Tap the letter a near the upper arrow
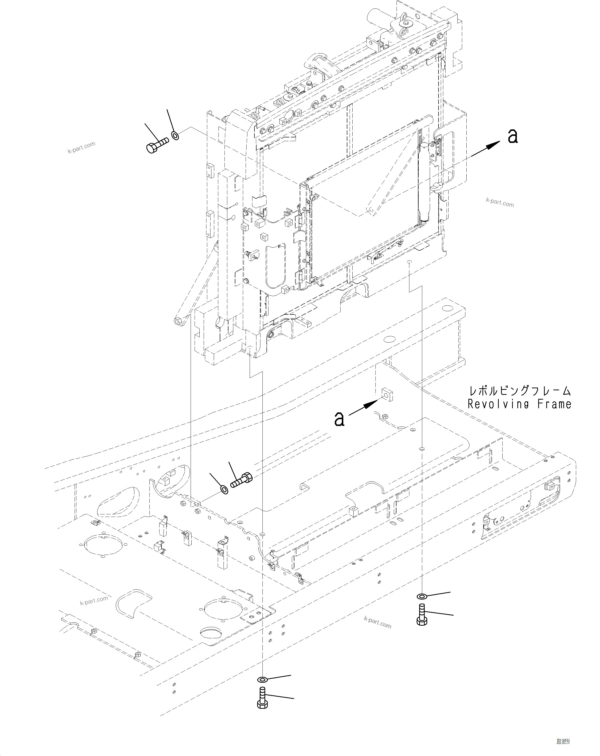513,136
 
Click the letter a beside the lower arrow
339,419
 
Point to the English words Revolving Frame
519,404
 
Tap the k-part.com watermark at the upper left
81,148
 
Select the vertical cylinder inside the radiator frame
424,182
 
